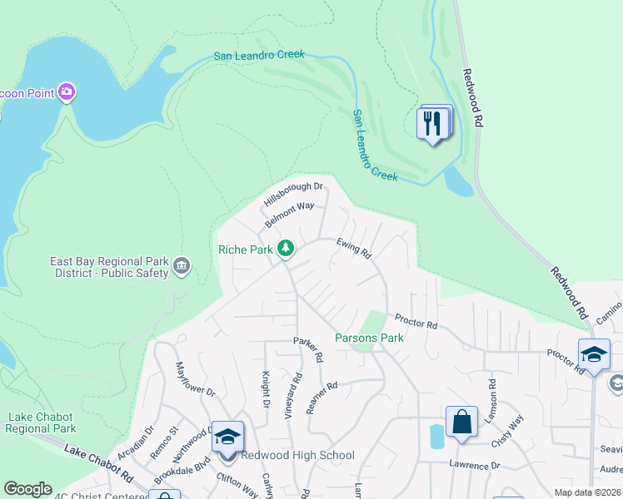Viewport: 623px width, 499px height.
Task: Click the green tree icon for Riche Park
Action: coord(286,248)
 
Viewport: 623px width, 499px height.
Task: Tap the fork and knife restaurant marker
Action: coord(432,123)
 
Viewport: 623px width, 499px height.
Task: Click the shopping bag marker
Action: coord(461,422)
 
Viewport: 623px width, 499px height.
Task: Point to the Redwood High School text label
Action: coord(297,455)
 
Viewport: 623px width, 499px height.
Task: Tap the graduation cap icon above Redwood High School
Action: coord(227,437)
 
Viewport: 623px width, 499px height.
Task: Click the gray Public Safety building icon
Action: coord(182,267)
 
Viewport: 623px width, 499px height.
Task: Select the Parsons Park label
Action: coord(369,338)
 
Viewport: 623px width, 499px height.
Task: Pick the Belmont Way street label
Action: coord(289,215)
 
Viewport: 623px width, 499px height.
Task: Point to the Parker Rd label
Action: coord(307,349)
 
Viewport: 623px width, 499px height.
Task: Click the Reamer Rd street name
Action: coord(321,397)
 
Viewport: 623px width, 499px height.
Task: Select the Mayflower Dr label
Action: coord(195,378)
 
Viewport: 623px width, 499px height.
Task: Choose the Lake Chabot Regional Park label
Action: coord(41,422)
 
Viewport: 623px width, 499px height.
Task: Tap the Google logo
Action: coord(27,489)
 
